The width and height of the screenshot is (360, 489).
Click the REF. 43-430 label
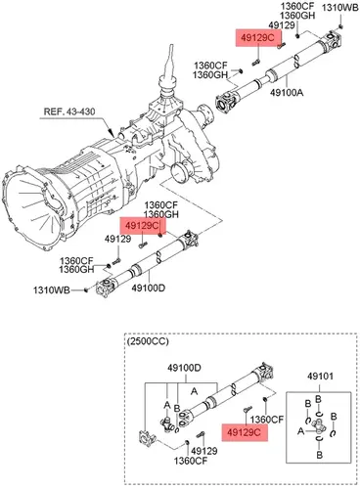69,111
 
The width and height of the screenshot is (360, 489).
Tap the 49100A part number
287,93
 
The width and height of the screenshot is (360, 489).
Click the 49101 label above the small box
320,377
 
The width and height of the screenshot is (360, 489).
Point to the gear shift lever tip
170,45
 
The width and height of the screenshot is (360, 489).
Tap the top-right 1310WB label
340,8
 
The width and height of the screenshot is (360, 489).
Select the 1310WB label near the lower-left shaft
51,289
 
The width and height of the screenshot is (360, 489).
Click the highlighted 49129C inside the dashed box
245,432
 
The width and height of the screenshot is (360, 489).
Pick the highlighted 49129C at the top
258,38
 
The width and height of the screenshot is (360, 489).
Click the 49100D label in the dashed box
184,368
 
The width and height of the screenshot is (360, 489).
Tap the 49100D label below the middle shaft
149,288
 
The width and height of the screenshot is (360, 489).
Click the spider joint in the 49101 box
318,426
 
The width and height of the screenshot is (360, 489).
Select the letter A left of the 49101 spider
300,431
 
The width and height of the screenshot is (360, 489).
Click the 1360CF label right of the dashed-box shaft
267,420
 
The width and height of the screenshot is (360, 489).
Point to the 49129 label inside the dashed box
204,451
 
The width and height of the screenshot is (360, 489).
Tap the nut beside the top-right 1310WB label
340,26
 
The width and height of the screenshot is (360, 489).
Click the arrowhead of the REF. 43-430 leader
112,134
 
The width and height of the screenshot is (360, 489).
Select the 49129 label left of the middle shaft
117,239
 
